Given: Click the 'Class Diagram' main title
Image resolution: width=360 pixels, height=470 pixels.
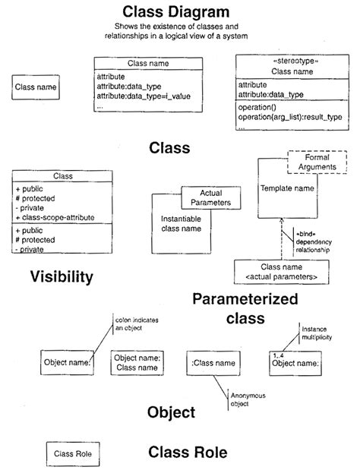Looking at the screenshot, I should pos(181,12).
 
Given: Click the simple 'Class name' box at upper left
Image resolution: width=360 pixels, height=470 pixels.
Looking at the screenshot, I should pos(36,87).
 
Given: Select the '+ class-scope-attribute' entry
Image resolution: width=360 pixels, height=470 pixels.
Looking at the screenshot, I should pos(56,217).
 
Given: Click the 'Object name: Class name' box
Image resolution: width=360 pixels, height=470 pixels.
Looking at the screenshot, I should pos(137,364).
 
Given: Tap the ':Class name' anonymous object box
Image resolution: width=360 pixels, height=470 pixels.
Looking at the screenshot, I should pos(215,363).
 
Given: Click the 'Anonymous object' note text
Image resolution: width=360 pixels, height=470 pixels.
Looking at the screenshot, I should pos(246,400).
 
